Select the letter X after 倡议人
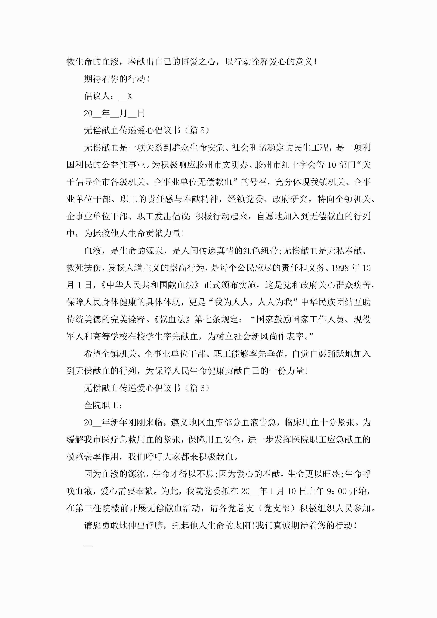[130, 96]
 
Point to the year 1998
[340, 268]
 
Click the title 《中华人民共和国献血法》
[150, 285]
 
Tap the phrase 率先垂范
[266, 354]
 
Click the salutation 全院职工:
[103, 405]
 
